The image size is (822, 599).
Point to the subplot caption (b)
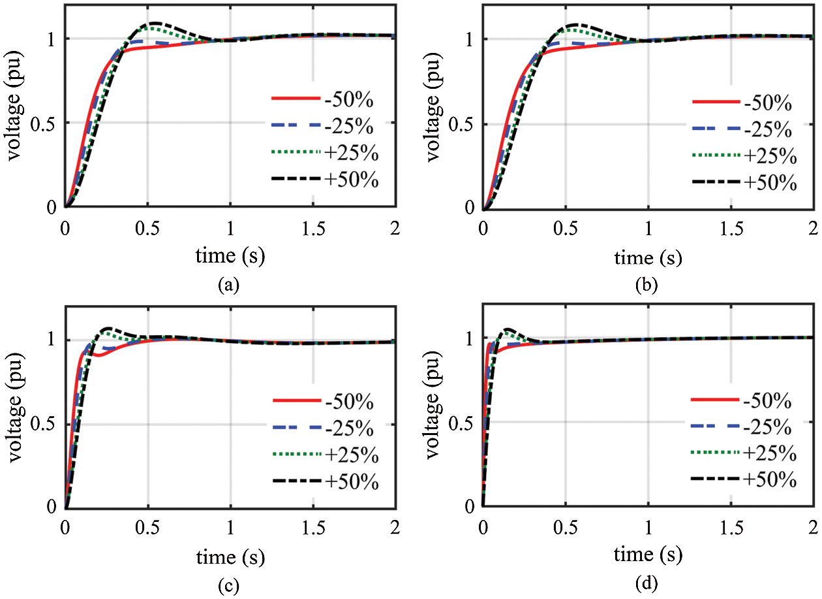(648, 285)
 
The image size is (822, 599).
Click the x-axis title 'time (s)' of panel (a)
(230, 257)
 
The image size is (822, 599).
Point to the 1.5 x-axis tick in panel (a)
(313, 226)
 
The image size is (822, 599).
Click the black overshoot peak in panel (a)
(155, 24)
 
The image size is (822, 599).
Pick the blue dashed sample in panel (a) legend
(296, 125)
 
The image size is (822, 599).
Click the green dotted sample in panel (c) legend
(296, 455)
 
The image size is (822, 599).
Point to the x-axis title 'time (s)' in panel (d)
(648, 556)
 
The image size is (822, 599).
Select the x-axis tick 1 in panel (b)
(648, 227)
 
